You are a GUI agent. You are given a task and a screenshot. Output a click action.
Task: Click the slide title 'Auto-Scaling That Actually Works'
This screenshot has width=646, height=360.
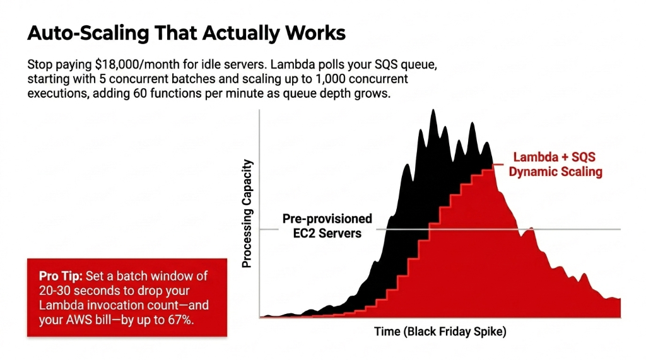pos(186,33)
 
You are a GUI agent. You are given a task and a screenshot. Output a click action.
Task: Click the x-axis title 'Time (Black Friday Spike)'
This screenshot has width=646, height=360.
pos(440,331)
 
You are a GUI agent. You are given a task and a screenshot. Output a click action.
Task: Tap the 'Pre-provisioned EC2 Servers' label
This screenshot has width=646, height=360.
pos(327,226)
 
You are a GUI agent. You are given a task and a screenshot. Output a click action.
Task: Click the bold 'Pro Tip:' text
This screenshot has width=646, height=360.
pos(57,277)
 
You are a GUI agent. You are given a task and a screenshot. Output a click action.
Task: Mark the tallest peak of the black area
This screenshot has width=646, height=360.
pos(433,111)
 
